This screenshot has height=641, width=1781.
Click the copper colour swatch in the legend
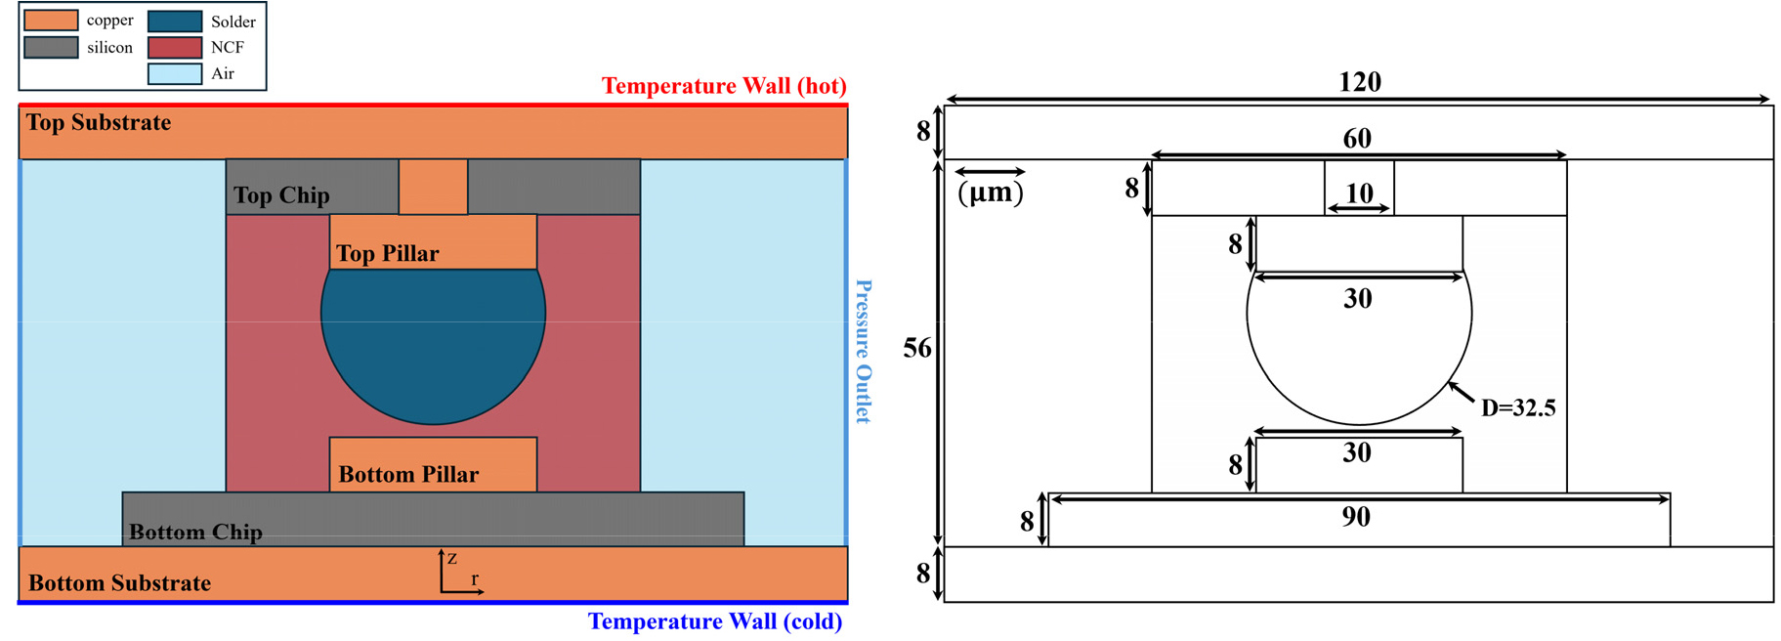click(51, 21)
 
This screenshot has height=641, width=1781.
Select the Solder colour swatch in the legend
click(175, 21)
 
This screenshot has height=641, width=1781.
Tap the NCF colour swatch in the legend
click(175, 47)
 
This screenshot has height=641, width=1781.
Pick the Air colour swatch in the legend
click(175, 73)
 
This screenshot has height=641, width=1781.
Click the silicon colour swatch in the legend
click(51, 47)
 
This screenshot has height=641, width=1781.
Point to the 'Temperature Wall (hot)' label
click(724, 86)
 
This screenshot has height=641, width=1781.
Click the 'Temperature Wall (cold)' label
click(715, 621)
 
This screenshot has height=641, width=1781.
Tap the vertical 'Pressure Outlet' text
click(864, 352)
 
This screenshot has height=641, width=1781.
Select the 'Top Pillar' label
click(388, 254)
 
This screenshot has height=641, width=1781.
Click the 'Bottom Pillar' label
click(408, 475)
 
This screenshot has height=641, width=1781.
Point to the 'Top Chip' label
click(281, 195)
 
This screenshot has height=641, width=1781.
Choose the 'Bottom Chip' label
click(195, 533)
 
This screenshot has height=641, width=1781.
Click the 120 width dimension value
click(1360, 82)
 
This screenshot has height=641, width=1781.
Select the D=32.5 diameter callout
click(1518, 408)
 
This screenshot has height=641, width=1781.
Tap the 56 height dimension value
click(917, 349)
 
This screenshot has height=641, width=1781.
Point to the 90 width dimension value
click(1356, 517)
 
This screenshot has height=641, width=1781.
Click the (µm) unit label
click(991, 192)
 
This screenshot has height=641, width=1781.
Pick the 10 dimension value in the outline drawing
click(1360, 193)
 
